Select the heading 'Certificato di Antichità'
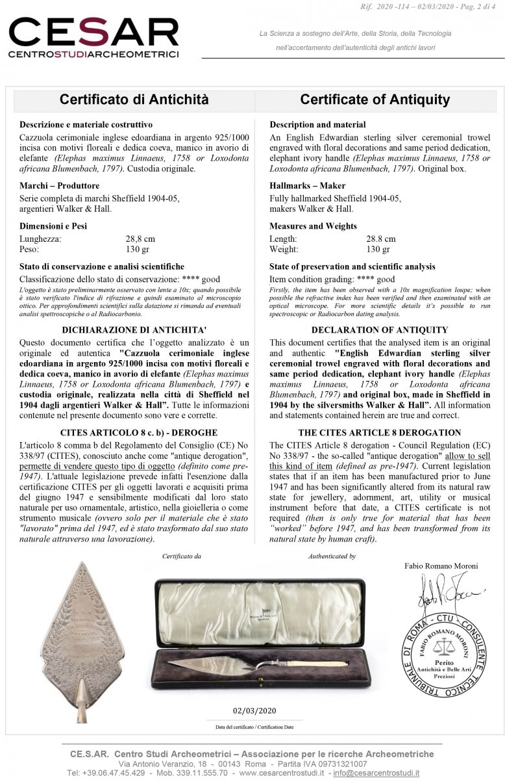134,99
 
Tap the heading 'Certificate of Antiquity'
375,99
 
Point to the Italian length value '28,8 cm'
140,239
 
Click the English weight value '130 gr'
378,249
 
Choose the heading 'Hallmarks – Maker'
307,186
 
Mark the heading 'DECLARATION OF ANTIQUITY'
380,330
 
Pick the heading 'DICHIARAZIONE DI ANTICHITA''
134,330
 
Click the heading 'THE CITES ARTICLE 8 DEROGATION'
380,432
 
